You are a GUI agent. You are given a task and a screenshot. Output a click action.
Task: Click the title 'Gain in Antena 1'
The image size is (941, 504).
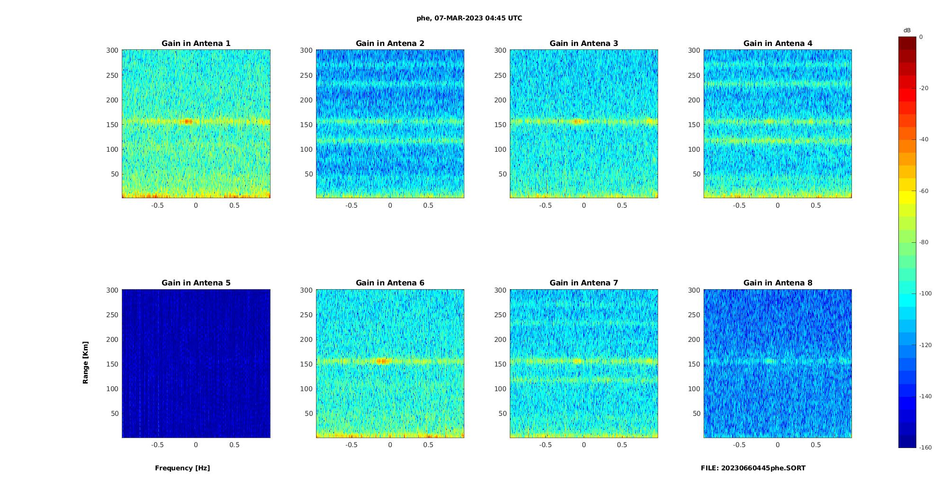[x=196, y=44]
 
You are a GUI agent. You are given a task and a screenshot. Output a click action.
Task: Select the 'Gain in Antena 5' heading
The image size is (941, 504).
[x=196, y=283]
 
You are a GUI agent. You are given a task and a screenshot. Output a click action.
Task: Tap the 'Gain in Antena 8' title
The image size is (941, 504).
[x=778, y=283]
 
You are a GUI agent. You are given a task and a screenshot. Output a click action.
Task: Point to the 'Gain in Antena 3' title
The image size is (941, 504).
[x=584, y=44]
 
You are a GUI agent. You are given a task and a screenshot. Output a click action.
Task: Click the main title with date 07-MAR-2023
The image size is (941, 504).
[x=469, y=18]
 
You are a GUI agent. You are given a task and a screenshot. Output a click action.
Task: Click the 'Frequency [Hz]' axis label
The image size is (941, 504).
[x=182, y=468]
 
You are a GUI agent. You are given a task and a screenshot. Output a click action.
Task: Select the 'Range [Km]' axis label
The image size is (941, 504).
[x=86, y=362]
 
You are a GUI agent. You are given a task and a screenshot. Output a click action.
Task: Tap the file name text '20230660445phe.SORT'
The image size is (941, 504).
[x=763, y=468]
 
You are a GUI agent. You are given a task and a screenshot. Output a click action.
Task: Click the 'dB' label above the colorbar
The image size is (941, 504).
[x=907, y=30]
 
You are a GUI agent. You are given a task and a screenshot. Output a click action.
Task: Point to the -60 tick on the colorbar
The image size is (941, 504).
[x=924, y=191]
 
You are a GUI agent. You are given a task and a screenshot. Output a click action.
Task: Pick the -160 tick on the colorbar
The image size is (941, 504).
[x=925, y=448]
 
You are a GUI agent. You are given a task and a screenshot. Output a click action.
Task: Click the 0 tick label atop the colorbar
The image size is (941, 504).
[x=921, y=37]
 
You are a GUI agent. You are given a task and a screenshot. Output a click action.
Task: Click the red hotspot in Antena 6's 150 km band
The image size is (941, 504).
[x=382, y=361]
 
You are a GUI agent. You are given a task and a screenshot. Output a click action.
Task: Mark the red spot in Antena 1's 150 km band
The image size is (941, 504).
[x=188, y=121]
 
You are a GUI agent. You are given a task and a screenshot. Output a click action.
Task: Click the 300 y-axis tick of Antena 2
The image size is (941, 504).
[x=306, y=50]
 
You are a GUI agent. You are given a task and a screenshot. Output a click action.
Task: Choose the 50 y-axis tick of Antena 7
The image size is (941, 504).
[x=502, y=413]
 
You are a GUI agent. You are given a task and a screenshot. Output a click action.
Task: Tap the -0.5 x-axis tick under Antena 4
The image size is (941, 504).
[x=739, y=205]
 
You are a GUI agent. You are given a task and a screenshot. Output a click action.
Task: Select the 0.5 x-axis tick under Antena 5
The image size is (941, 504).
[x=235, y=445]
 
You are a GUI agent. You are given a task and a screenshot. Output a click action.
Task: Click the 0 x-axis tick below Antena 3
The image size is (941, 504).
[x=584, y=205]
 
